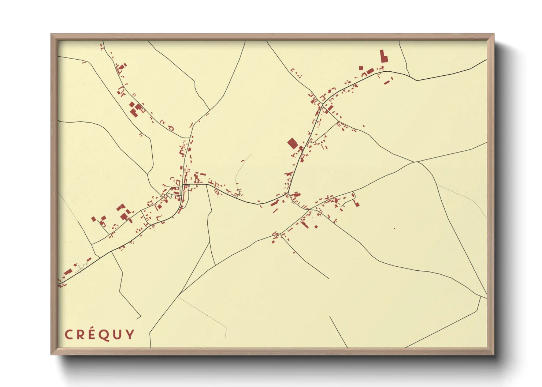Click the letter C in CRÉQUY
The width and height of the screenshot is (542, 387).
(68, 334)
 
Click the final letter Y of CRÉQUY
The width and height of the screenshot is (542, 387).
(130, 334)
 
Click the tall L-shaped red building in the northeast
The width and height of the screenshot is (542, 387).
(383, 57)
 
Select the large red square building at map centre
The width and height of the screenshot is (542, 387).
(292, 143)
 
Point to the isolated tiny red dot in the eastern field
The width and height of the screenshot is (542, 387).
(394, 229)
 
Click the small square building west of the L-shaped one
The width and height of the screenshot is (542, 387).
(361, 68)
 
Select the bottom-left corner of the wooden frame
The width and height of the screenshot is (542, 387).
(52, 354)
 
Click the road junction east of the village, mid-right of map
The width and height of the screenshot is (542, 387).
(416, 162)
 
